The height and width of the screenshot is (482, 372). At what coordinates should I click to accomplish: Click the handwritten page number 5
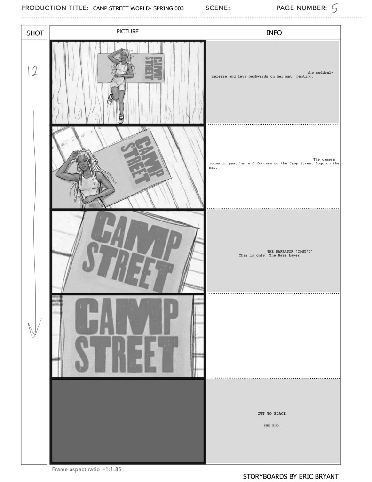[x=334, y=8]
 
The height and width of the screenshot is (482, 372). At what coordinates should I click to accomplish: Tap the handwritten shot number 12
[x=33, y=71]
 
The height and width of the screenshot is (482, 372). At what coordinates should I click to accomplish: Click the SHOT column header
[x=35, y=33]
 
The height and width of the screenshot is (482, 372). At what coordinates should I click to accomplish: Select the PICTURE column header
[x=127, y=32]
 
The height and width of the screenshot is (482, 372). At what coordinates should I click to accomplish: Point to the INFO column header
[x=274, y=33]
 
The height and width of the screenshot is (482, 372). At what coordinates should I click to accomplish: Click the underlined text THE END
[x=271, y=425]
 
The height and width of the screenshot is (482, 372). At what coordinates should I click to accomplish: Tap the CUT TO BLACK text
[x=272, y=414]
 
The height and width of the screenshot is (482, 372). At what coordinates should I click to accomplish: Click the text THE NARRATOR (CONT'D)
[x=290, y=251]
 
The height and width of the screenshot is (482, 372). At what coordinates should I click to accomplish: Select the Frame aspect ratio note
[x=87, y=469]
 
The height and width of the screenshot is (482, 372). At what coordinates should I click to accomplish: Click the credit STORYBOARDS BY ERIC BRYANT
[x=290, y=476]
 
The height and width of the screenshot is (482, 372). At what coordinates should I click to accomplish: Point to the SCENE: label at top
[x=218, y=8]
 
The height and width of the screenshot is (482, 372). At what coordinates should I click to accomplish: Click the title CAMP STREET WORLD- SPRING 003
[x=138, y=8]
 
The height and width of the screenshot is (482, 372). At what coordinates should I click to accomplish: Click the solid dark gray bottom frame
[x=127, y=421]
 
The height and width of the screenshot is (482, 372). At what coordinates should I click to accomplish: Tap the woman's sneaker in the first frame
[x=110, y=98]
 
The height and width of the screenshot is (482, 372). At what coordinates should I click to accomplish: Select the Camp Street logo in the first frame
[x=153, y=69]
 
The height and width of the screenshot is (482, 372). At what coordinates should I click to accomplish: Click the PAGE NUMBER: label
[x=302, y=8]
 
